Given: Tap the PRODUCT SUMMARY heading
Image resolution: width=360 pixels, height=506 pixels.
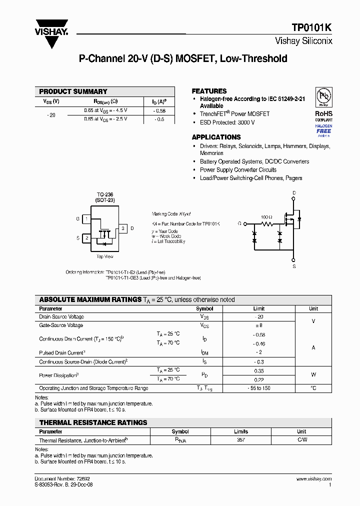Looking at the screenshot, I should coord(73,91).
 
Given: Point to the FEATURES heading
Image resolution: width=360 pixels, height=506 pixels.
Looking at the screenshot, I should coord(209,91).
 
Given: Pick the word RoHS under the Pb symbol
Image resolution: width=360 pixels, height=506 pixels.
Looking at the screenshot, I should coord(323,113).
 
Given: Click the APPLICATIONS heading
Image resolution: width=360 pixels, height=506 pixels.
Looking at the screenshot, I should coord(216,137).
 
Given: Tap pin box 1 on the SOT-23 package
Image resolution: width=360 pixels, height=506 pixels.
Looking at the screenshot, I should coord(86,219).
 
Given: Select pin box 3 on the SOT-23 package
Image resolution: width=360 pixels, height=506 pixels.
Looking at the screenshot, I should coord(123,228).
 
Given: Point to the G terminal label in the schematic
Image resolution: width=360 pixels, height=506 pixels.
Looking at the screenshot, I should coord(239,223).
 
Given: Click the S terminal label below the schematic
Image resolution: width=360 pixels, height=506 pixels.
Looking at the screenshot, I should coord(294,266).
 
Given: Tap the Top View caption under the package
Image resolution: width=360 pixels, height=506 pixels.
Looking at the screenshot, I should coord(104,256).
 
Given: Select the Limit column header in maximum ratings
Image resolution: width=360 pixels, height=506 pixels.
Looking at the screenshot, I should coord(258,308).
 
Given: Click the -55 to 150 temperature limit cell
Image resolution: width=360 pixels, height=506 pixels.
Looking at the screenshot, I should coord(258,388).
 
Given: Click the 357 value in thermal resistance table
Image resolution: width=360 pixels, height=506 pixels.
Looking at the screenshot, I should coord(241,440).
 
